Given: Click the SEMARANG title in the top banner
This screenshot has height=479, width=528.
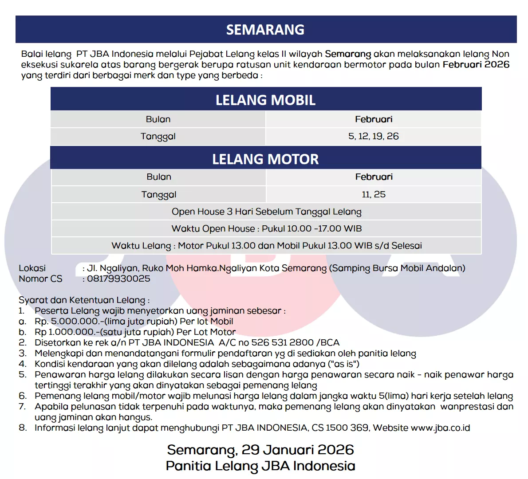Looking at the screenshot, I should tap(265, 30).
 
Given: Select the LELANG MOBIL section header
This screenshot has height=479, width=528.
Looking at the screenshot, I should tap(265, 100).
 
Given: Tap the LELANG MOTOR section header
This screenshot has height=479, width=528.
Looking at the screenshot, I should tap(265, 159).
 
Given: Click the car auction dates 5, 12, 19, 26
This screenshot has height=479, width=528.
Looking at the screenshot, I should tap(373, 136).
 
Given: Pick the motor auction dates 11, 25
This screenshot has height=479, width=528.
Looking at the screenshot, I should tap(373, 194).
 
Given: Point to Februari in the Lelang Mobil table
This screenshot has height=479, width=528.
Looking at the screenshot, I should tap(373, 119).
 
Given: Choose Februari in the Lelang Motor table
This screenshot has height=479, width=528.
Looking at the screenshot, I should tap(374, 177).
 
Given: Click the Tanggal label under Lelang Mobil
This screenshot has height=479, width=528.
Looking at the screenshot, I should tap(158, 136).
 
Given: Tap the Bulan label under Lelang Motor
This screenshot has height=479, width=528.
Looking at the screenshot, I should tap(158, 177).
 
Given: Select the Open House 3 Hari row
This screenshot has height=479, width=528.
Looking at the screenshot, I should tap(266, 212).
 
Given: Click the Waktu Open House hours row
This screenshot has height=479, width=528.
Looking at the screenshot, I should tap(266, 228).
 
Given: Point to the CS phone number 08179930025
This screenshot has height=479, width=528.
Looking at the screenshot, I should tap(118, 279).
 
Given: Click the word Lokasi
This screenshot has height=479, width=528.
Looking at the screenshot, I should tap(32, 268).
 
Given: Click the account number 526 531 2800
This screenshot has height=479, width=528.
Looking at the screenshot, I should tap(282, 342).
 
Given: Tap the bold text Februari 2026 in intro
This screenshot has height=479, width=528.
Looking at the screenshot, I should tap(476, 64).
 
